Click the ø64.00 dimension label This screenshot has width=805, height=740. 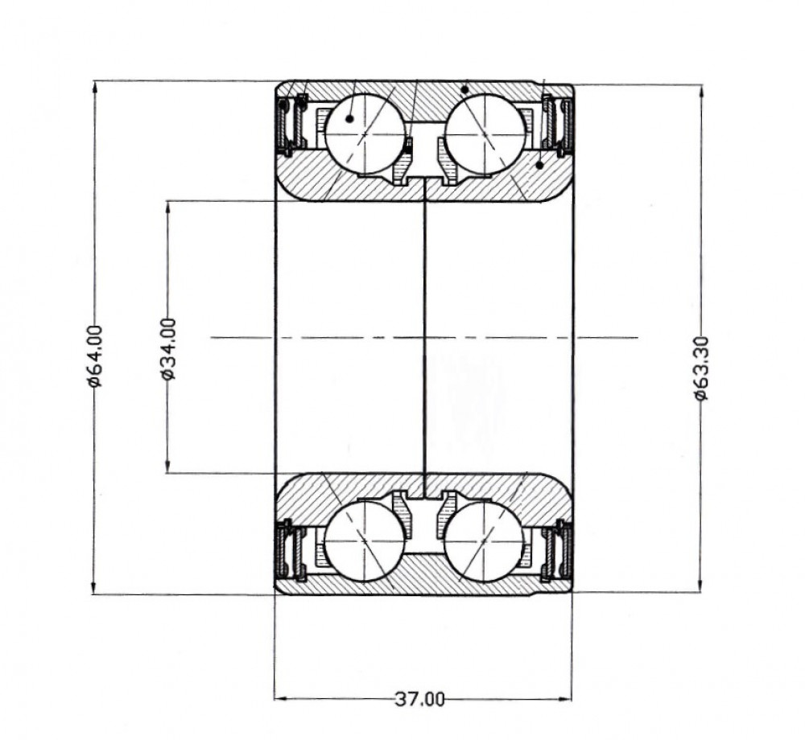pyautogui.click(x=95, y=356)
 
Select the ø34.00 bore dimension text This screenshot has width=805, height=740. pyautogui.click(x=168, y=349)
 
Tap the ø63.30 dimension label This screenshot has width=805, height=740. pyautogui.click(x=701, y=368)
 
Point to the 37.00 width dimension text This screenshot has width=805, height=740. pyautogui.click(x=420, y=699)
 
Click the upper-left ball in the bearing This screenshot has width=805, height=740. pyautogui.click(x=365, y=134)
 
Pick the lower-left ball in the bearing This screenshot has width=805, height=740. pyautogui.click(x=365, y=541)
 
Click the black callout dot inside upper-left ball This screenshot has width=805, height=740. pyautogui.click(x=349, y=119)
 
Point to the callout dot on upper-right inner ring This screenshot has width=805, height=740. pyautogui.click(x=539, y=165)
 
